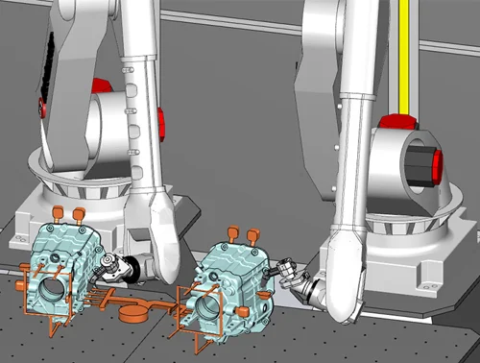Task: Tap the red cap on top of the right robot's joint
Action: click(x=395, y=121)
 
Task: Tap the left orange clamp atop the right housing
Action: click(x=232, y=231)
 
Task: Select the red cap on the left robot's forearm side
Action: click(x=159, y=121)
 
